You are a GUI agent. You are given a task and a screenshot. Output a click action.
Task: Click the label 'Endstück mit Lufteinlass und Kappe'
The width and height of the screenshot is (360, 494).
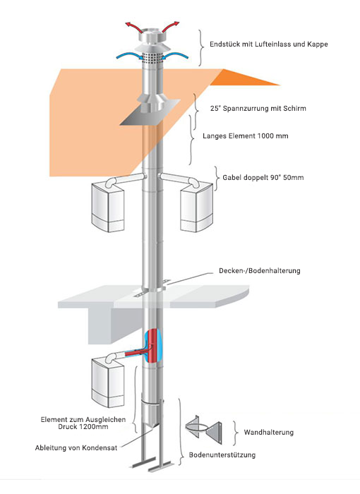(x=268, y=44)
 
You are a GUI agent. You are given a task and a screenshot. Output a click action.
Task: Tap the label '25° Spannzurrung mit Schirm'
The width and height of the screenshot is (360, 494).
(x=258, y=109)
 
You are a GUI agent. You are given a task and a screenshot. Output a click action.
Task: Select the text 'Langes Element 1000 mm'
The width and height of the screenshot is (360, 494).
(x=245, y=136)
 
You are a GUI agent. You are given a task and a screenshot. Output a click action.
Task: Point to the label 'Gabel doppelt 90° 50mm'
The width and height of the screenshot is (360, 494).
(x=263, y=177)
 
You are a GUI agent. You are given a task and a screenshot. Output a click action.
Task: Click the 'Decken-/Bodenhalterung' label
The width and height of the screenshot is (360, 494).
(x=260, y=270)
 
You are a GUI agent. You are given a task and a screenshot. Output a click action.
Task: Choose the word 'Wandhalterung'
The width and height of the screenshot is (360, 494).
(x=268, y=432)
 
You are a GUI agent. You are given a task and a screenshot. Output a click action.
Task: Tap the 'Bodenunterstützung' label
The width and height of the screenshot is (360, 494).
(x=222, y=455)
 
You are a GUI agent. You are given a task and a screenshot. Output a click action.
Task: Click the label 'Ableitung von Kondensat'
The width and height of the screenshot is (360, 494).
(x=76, y=447)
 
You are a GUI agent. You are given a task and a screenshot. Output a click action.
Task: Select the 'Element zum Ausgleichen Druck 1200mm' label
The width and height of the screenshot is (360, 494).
(x=83, y=423)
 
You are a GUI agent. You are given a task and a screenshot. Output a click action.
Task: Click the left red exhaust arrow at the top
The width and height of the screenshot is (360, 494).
(x=134, y=27)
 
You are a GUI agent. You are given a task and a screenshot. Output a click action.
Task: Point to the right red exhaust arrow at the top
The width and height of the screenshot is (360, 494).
(x=171, y=27)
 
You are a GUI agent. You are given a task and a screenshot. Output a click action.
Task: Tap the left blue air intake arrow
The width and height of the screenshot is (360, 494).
(x=128, y=56)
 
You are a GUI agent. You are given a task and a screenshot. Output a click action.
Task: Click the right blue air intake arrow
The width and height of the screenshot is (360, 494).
(x=175, y=56)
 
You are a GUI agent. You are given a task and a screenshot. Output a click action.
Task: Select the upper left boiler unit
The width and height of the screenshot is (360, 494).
(x=108, y=207)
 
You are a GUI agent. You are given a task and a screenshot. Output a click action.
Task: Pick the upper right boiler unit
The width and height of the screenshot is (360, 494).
(x=196, y=207)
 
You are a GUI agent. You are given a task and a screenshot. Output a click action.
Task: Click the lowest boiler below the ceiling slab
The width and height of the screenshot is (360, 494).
(x=108, y=382)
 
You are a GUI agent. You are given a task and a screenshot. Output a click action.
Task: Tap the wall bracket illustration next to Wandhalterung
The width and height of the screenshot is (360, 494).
(x=203, y=430)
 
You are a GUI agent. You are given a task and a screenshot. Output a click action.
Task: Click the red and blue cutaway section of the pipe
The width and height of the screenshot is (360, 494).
(x=152, y=346)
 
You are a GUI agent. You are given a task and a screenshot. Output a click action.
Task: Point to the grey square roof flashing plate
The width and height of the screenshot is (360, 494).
(x=150, y=112)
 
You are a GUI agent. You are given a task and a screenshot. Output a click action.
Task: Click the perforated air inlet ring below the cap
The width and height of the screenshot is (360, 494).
(x=152, y=58)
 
